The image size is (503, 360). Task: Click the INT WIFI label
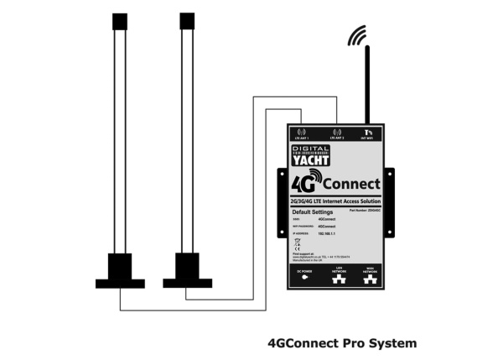click(x=369, y=138)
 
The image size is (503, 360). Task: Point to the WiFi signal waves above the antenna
click(x=358, y=38)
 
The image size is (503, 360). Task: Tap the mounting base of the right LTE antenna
click(x=187, y=271)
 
